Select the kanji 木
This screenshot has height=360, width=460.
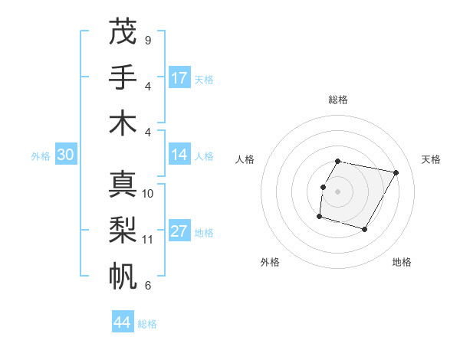point(123,123)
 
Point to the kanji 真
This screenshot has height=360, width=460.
point(123,184)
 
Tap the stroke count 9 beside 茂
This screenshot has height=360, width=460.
point(147,40)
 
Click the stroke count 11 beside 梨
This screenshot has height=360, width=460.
point(148,240)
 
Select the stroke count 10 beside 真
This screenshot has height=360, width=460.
point(148,194)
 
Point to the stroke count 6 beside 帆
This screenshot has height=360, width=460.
point(147,286)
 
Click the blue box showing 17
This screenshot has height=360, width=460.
point(179,78)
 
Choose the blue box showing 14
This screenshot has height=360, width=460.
point(179,155)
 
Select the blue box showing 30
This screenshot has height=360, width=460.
point(65,155)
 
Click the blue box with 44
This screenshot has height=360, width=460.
point(123,322)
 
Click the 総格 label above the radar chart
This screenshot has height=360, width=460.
point(338,100)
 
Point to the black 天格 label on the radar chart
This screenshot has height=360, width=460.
point(431,159)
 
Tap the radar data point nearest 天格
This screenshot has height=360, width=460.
point(396,173)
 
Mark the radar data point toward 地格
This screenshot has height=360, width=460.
point(364,230)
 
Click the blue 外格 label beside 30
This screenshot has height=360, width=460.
point(41,156)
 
